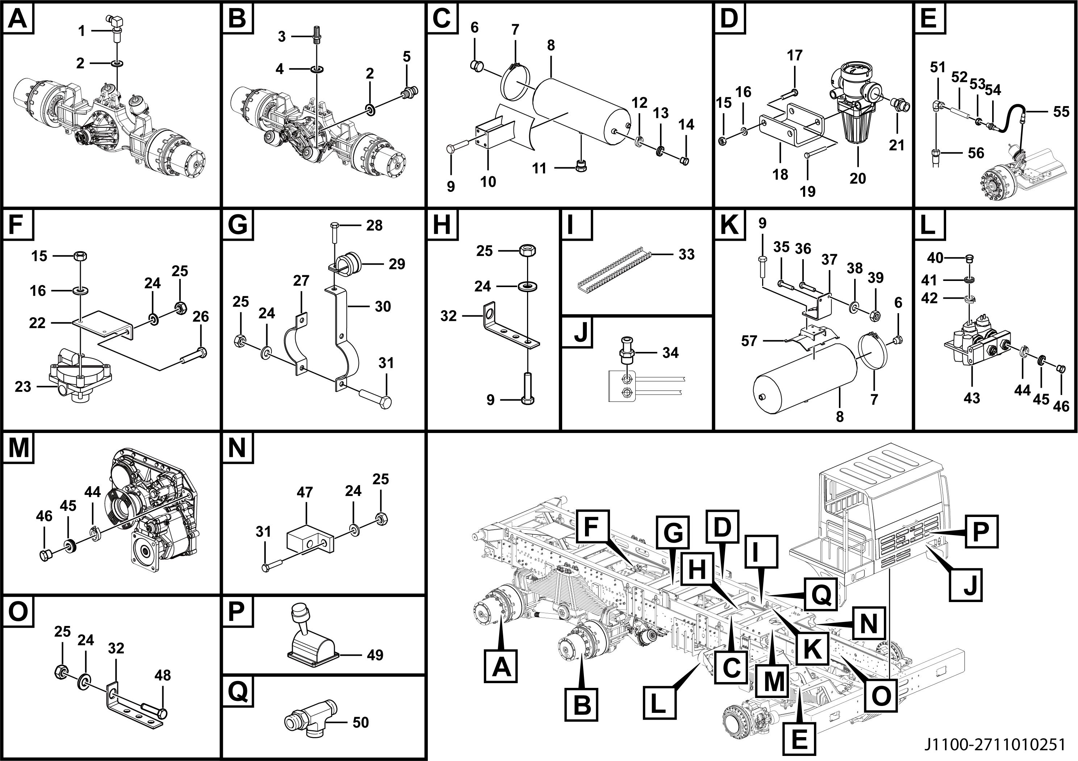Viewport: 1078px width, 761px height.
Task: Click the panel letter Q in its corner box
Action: (238, 691)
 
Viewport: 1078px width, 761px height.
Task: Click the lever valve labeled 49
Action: (310, 636)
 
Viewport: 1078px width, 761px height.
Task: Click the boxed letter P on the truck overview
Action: (981, 531)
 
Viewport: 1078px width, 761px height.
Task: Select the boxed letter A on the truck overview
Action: (501, 666)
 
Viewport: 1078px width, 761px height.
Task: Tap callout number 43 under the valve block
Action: (972, 398)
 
